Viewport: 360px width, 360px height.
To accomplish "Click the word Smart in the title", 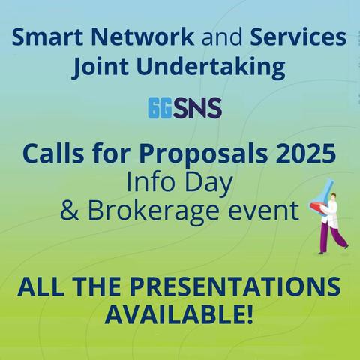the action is click(x=47, y=37).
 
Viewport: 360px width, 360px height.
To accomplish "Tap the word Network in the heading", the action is click(x=142, y=37).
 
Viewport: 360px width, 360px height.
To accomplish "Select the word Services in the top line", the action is click(x=298, y=37).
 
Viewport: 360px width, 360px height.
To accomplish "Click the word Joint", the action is click(x=101, y=67).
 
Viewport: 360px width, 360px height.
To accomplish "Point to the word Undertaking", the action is click(x=211, y=67).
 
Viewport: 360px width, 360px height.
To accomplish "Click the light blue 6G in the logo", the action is click(x=160, y=108).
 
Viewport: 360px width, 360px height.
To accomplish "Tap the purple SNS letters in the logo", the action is click(x=197, y=108).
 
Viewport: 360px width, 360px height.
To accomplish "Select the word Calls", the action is click(x=53, y=154).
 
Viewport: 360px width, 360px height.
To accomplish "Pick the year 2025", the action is click(x=306, y=154).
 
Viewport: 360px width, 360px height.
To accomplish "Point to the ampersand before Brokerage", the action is click(x=70, y=211).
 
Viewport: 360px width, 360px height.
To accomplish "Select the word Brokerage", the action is click(x=153, y=212).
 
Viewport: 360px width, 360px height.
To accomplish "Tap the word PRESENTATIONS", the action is click(x=235, y=286).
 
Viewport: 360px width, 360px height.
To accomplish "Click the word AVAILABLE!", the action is click(x=179, y=314).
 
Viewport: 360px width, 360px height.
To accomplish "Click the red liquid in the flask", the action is click(x=317, y=207).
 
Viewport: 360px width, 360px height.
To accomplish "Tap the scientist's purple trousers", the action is click(x=331, y=238).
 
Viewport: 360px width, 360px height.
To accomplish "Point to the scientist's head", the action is click(x=333, y=196).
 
